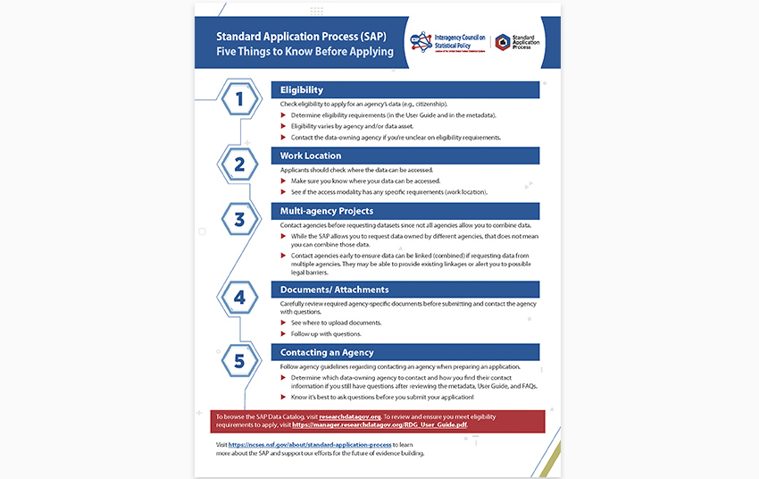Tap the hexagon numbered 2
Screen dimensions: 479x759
click(240, 164)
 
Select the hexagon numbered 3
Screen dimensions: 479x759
click(240, 219)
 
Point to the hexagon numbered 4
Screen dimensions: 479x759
click(240, 298)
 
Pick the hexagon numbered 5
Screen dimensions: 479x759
click(240, 361)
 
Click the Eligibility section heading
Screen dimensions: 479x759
click(302, 90)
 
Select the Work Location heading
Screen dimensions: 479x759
click(311, 156)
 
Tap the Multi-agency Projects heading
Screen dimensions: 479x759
click(327, 211)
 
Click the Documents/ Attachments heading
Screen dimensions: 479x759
click(335, 290)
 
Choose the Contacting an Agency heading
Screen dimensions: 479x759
click(327, 353)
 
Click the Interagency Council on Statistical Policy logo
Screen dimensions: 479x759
click(446, 43)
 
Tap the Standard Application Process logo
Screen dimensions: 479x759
click(515, 43)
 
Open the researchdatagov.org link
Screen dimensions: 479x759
click(350, 416)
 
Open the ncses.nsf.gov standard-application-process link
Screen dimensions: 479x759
click(310, 444)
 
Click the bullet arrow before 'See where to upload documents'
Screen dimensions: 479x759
click(283, 323)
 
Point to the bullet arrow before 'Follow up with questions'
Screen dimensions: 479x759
click(283, 334)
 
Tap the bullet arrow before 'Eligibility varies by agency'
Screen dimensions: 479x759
click(283, 127)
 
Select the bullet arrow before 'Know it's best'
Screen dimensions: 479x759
click(283, 396)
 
